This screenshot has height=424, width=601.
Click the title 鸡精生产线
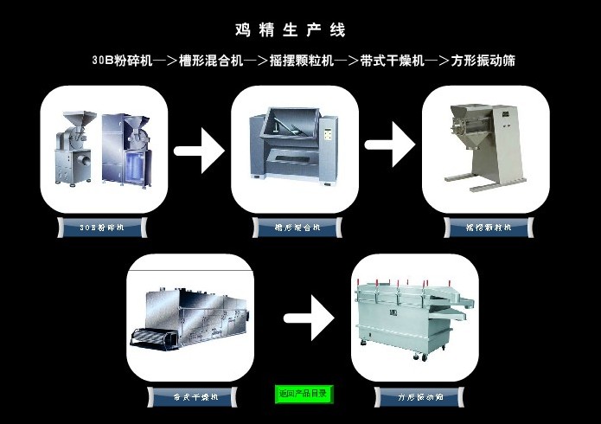coord(291,30)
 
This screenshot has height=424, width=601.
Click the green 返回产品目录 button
coord(304,395)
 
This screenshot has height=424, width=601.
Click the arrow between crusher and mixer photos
coord(199,151)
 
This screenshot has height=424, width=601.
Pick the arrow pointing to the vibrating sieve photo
coord(310,318)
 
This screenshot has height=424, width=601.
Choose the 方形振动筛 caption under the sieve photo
coord(420,397)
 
